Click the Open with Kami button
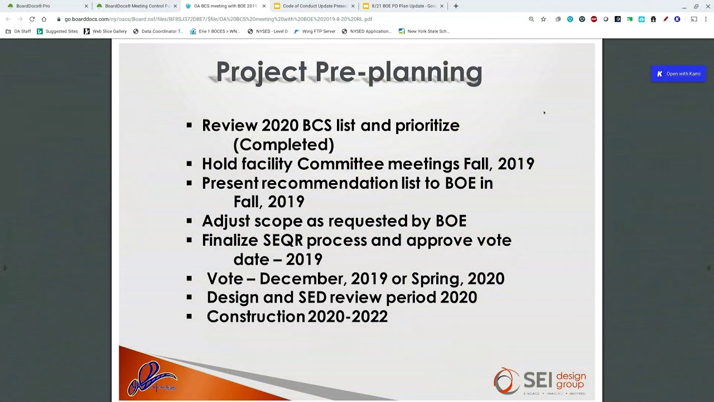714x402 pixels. (678, 74)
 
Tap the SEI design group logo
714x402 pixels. (539, 381)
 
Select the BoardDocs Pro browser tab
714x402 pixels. (33, 6)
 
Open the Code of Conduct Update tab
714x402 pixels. (314, 6)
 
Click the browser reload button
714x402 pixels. (32, 19)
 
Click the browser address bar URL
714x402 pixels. (218, 19)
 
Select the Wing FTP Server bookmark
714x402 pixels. (319, 31)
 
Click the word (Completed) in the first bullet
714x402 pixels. (283, 145)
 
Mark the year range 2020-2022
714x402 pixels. (348, 317)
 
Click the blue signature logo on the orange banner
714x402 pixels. (152, 379)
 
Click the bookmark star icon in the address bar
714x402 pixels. (543, 19)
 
